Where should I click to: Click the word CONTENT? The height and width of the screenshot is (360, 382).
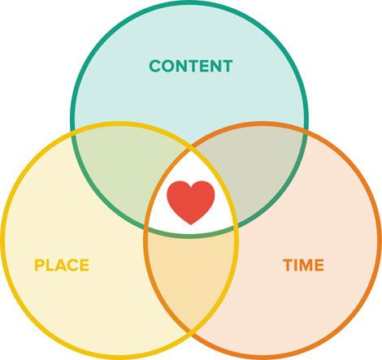coord(191,66)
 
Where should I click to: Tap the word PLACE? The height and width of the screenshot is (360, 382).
coord(62,265)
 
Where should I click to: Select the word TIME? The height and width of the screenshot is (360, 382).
coord(303,265)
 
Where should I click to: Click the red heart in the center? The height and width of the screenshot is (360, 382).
coord(191,202)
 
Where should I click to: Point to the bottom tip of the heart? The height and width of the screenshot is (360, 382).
coord(191,224)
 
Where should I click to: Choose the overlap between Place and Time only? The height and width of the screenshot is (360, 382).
coord(191,274)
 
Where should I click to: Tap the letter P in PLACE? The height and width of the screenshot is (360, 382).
coord(40,265)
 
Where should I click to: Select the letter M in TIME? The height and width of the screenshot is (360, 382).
coord(303,265)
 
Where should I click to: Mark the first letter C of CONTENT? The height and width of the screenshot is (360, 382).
coord(155,66)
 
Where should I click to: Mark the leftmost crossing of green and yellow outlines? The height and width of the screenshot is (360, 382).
coord(73,132)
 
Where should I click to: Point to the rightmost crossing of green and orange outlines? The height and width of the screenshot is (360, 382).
coord(306,132)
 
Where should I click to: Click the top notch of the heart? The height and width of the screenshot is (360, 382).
coord(191,188)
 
